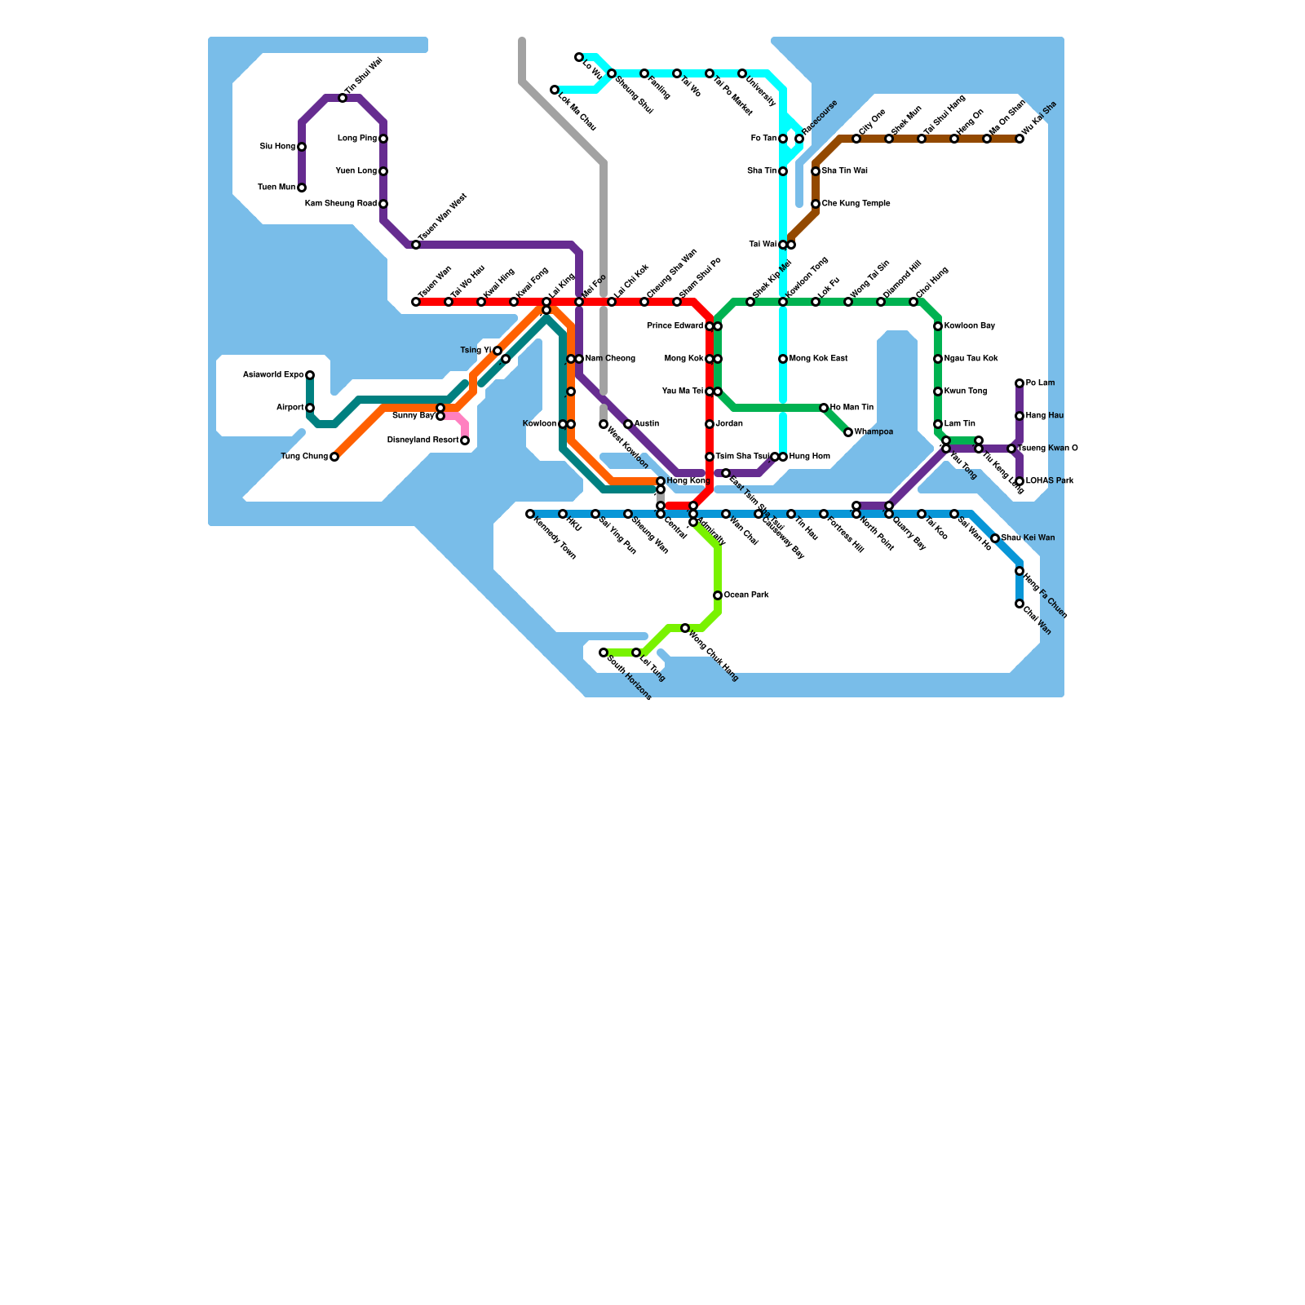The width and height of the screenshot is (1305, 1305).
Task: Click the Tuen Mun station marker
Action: click(302, 188)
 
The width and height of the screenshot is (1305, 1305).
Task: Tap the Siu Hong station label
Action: click(277, 147)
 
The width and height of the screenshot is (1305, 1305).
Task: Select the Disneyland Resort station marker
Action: click(465, 440)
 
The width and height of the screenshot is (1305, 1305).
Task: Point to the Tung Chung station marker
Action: click(334, 457)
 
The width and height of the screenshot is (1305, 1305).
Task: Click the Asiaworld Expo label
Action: click(273, 375)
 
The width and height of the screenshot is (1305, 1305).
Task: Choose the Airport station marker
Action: click(310, 408)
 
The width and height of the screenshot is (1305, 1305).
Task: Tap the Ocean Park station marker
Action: click(718, 595)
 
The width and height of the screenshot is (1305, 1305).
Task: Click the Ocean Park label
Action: click(746, 595)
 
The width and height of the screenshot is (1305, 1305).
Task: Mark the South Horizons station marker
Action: click(604, 652)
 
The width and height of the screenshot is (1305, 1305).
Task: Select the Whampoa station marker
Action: click(848, 432)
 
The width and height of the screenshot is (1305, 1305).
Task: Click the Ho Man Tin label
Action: click(852, 408)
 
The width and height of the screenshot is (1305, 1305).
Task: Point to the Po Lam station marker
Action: click(1020, 383)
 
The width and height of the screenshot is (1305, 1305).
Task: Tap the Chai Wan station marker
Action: click(1020, 604)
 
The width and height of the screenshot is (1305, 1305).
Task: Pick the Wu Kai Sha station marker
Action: click(1020, 139)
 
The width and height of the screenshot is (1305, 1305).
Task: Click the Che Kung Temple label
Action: click(856, 204)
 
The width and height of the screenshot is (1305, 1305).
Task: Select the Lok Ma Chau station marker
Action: click(555, 90)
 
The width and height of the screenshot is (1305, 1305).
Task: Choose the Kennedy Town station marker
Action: click(530, 514)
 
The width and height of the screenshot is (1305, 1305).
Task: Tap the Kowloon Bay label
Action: click(969, 326)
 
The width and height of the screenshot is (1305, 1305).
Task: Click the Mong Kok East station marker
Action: click(783, 359)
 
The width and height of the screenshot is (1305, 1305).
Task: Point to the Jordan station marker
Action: click(710, 424)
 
